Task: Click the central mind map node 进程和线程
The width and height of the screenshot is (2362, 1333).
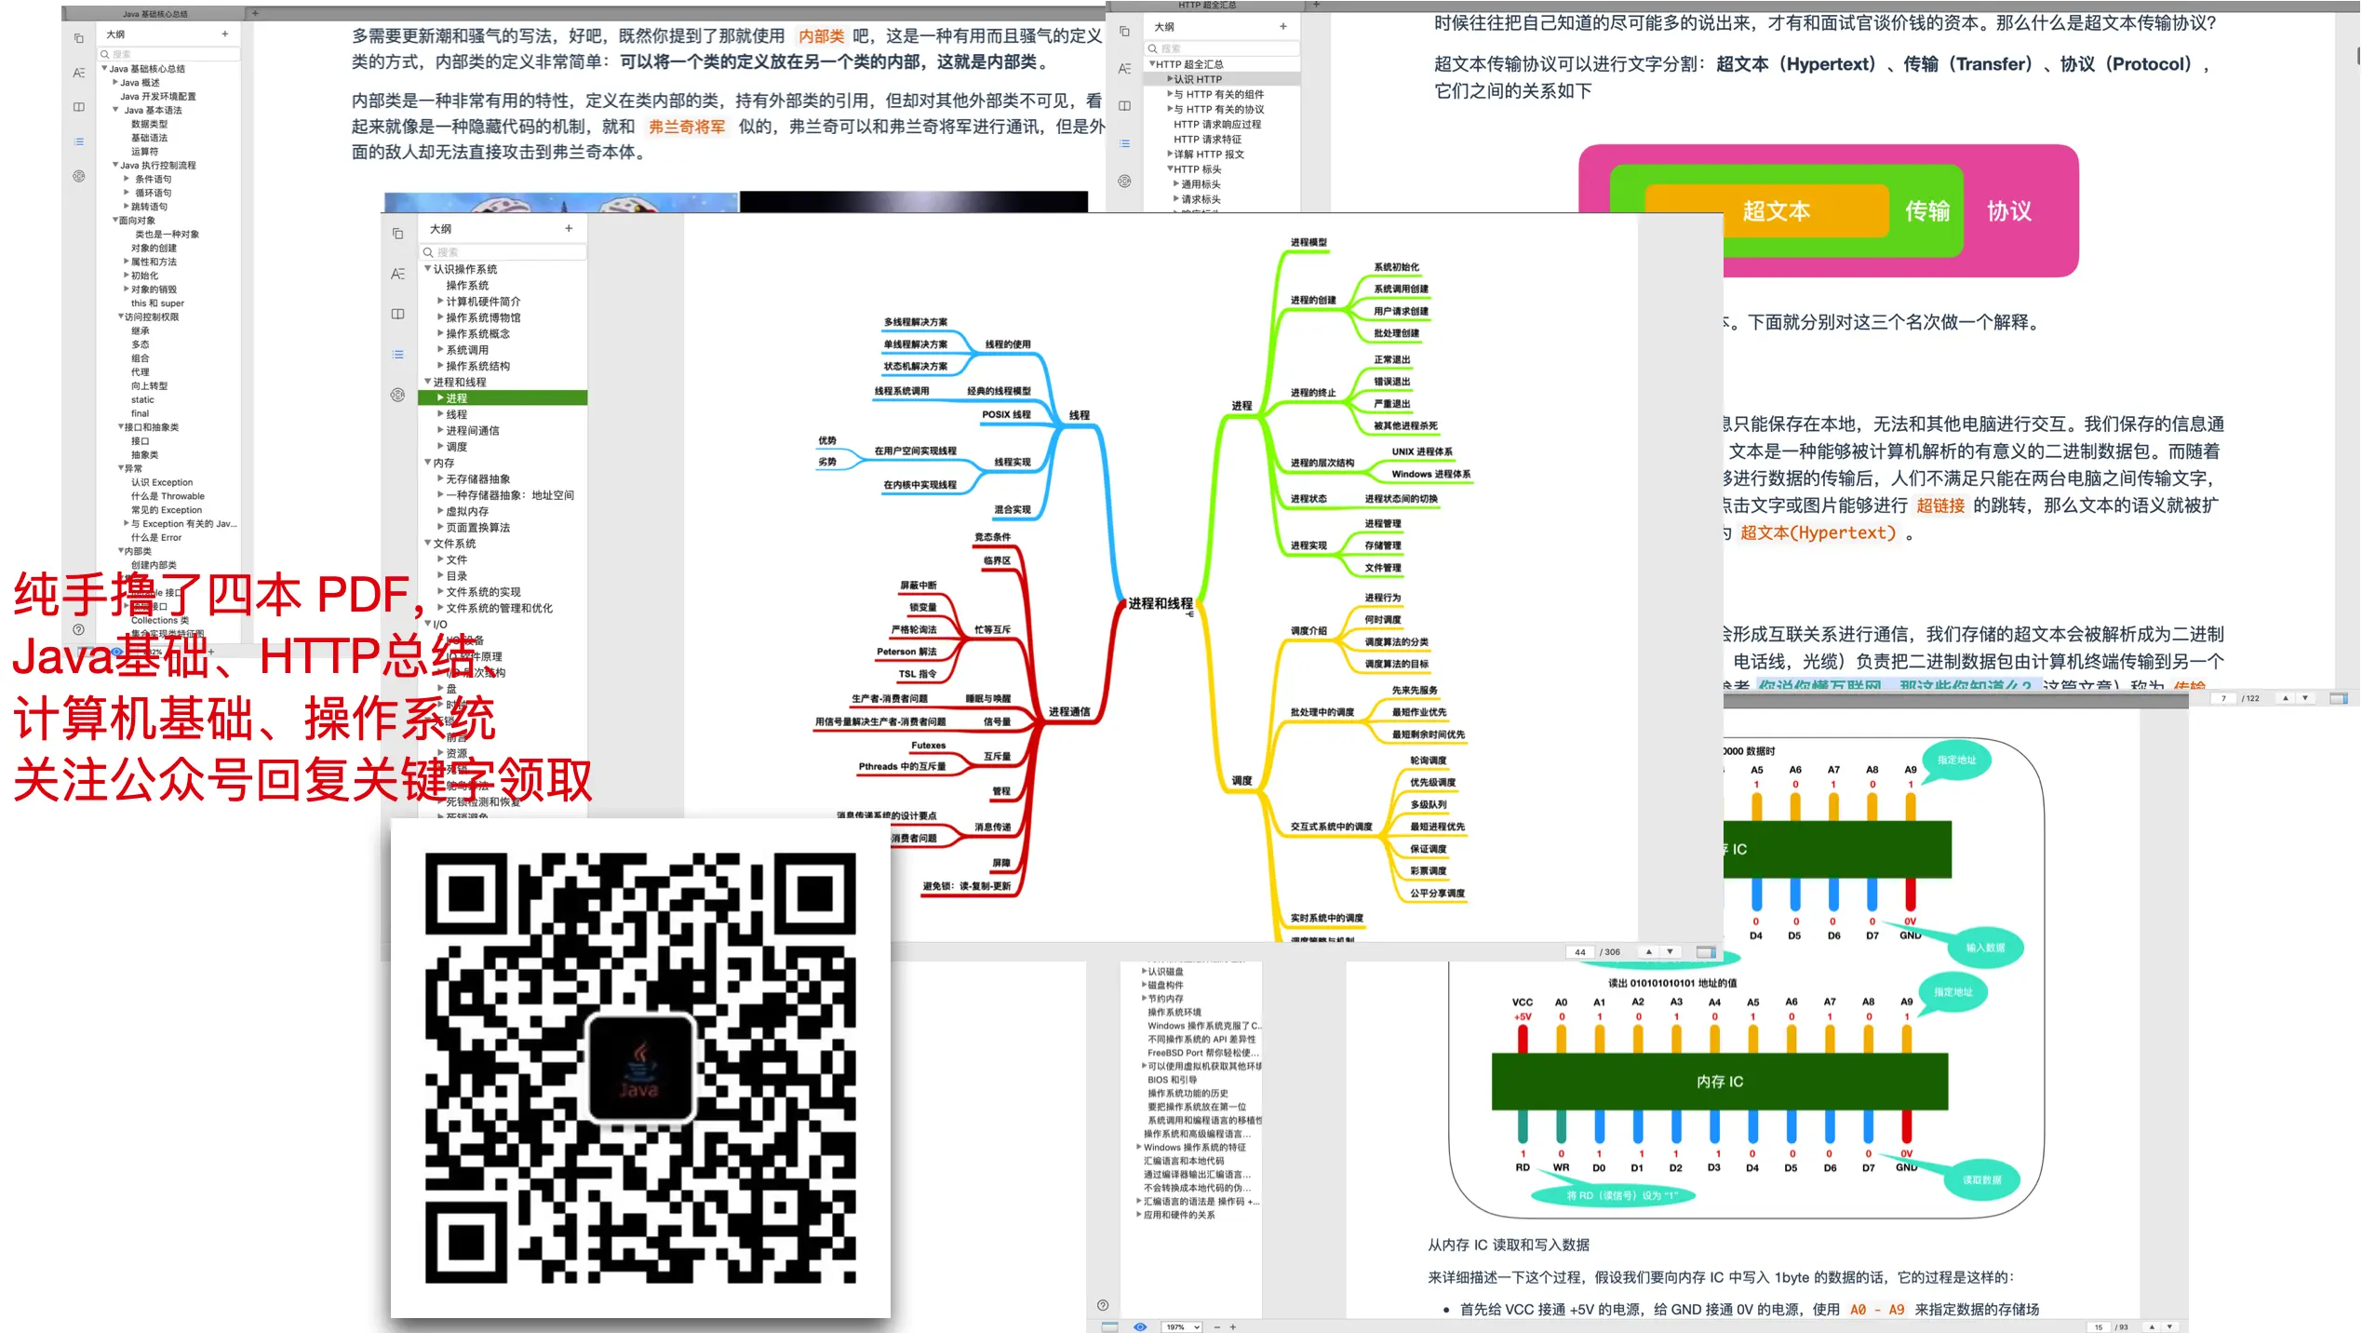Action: pyautogui.click(x=1160, y=604)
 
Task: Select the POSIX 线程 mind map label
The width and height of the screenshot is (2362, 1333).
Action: pyautogui.click(x=1006, y=415)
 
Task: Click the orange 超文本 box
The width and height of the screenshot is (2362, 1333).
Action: pyautogui.click(x=1776, y=211)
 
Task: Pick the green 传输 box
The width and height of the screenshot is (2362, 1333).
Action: pyautogui.click(x=1927, y=211)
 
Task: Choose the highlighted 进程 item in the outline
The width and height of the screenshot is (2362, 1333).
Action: pyautogui.click(x=457, y=398)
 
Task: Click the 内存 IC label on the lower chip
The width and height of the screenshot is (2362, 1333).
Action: pyautogui.click(x=1719, y=1082)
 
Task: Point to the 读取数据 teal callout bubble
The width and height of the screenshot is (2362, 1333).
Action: pyautogui.click(x=1981, y=1179)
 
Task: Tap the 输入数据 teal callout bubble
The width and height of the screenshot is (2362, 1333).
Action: pyautogui.click(x=1984, y=948)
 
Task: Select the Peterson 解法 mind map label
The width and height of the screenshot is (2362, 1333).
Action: pyautogui.click(x=906, y=652)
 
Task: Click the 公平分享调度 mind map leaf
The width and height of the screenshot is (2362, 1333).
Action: pyautogui.click(x=1437, y=894)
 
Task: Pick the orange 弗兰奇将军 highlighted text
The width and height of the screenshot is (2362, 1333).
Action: pyautogui.click(x=687, y=127)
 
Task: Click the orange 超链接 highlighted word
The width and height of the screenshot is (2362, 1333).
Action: pyautogui.click(x=1940, y=505)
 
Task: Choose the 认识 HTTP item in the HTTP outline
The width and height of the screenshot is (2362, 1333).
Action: pyautogui.click(x=1198, y=79)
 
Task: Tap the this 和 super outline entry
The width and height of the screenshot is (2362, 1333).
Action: pyautogui.click(x=157, y=303)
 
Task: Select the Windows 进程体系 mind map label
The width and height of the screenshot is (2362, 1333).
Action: pyautogui.click(x=1430, y=475)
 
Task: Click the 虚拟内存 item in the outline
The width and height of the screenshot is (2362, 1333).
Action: pyautogui.click(x=467, y=512)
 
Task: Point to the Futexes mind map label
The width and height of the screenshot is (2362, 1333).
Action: pyautogui.click(x=928, y=746)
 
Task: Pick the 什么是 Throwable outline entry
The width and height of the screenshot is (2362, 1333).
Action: pyautogui.click(x=168, y=496)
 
